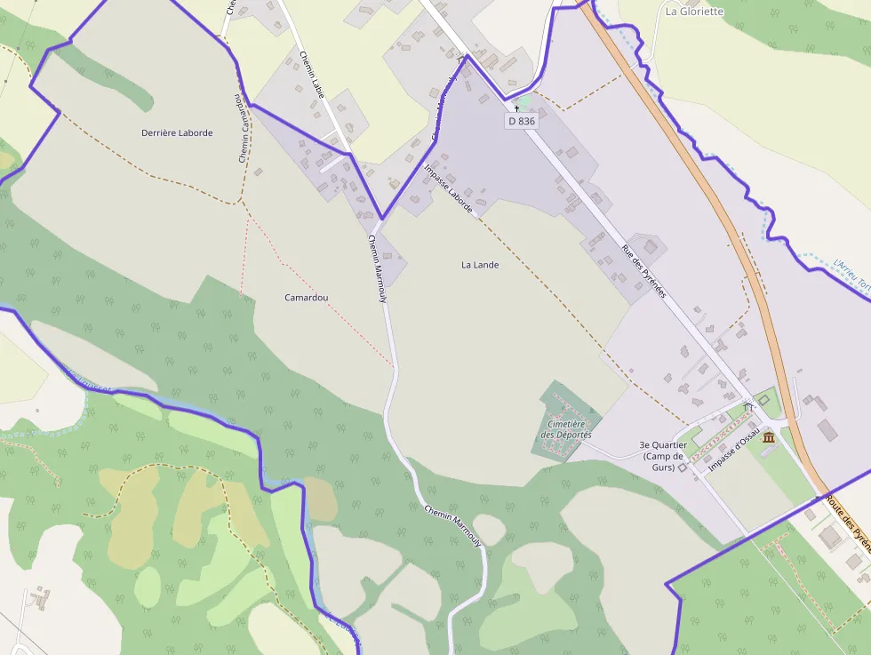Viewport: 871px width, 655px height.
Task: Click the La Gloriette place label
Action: pyautogui.click(x=694, y=12)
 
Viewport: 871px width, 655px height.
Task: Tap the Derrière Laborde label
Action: pyautogui.click(x=177, y=132)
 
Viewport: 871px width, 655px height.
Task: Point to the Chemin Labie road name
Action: pyautogui.click(x=311, y=76)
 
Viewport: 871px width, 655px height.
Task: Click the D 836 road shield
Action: pyautogui.click(x=522, y=121)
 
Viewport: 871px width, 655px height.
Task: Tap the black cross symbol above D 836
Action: pyautogui.click(x=516, y=108)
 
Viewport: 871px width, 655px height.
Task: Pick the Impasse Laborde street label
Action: pyautogui.click(x=448, y=188)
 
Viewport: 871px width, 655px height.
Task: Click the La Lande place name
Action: pyautogui.click(x=480, y=265)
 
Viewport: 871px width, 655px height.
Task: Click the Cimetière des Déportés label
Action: pyautogui.click(x=566, y=430)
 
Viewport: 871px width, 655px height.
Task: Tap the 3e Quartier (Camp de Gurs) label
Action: pyautogui.click(x=662, y=455)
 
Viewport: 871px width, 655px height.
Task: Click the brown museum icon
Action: pyautogui.click(x=768, y=438)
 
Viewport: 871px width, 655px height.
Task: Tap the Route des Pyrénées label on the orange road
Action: pyautogui.click(x=846, y=511)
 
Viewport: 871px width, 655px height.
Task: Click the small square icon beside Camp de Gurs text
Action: pyautogui.click(x=683, y=467)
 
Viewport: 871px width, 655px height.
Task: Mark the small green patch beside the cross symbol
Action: pyautogui.click(x=526, y=102)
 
